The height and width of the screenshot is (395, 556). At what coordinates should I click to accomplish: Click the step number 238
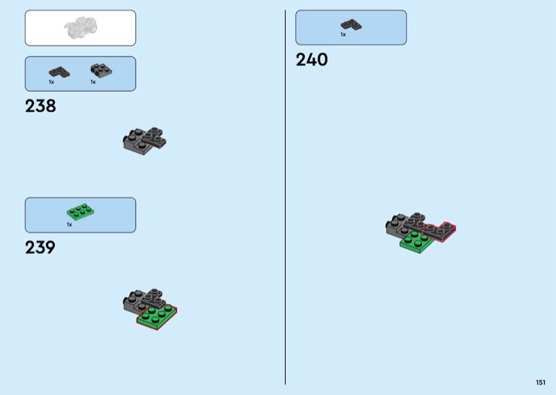(x=40, y=106)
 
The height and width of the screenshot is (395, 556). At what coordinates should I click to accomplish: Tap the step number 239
(x=40, y=248)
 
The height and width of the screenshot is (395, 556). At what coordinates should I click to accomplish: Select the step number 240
(x=311, y=60)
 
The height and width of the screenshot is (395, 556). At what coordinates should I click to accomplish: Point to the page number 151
(x=540, y=382)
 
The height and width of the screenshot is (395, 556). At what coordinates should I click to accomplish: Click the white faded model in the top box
(x=80, y=29)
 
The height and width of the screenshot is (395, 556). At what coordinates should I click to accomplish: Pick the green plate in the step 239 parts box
(x=80, y=211)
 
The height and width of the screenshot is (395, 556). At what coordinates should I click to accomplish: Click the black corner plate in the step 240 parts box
(x=350, y=24)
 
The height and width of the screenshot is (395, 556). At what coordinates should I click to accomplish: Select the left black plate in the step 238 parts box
(x=59, y=71)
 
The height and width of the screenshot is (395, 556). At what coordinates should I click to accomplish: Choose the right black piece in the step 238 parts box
(x=101, y=70)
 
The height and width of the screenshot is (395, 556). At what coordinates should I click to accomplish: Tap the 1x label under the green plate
(x=69, y=225)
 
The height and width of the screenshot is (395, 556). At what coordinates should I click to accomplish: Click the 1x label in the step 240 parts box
(x=343, y=34)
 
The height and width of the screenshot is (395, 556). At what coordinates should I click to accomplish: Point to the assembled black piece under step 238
(x=145, y=140)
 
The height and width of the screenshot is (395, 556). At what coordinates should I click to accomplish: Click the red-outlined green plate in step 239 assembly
(x=158, y=317)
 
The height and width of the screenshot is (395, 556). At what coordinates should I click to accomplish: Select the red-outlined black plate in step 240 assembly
(x=439, y=231)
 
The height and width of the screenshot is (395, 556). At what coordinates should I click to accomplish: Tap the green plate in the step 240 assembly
(x=416, y=241)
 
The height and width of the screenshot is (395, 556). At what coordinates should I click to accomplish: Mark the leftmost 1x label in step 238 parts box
(x=51, y=82)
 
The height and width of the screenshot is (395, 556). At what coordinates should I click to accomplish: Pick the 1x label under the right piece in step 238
(x=92, y=82)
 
